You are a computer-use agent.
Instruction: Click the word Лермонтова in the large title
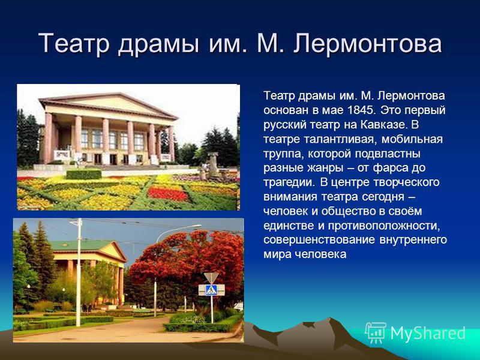click(368, 44)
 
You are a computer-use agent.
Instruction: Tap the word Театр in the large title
click(74, 43)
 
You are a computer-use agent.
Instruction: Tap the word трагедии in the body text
click(289, 183)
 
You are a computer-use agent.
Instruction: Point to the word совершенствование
click(319, 239)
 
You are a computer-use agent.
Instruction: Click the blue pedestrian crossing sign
click(212, 290)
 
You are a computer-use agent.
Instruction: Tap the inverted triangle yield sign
click(212, 277)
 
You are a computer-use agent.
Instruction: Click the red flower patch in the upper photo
click(168, 194)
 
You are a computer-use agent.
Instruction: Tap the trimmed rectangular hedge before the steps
click(83, 174)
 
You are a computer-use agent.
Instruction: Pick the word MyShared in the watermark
click(428, 333)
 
